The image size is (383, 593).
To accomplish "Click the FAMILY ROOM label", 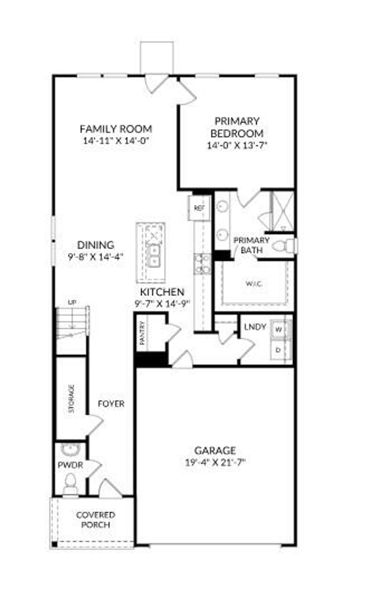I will (116, 129).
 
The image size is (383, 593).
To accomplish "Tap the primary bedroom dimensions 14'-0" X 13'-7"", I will (237, 146).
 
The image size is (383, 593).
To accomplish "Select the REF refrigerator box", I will (199, 208).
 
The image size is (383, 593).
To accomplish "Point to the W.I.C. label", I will (254, 284).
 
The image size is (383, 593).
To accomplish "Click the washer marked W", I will (278, 330).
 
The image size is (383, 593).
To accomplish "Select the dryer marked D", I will (278, 350).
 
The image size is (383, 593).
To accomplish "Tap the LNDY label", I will (255, 327).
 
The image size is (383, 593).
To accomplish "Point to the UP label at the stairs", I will (72, 302).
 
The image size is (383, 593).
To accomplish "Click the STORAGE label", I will (71, 398).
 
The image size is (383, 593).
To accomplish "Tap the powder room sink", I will (70, 450).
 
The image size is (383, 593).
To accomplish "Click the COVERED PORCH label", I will (96, 520).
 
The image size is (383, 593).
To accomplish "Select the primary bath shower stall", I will (282, 211).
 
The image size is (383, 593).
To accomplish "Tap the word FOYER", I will (111, 404).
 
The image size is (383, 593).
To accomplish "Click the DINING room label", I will (95, 245).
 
